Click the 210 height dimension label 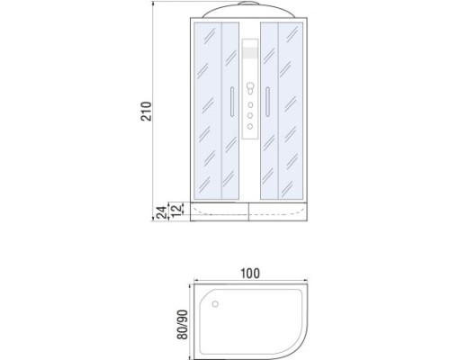point(147,112)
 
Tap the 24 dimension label point(162,212)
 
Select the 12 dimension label point(177,210)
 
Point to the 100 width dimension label point(250,274)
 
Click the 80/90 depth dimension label point(183,324)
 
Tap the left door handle point(232,102)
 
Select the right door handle point(267,102)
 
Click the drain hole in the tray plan point(215,304)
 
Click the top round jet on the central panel point(250,105)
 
